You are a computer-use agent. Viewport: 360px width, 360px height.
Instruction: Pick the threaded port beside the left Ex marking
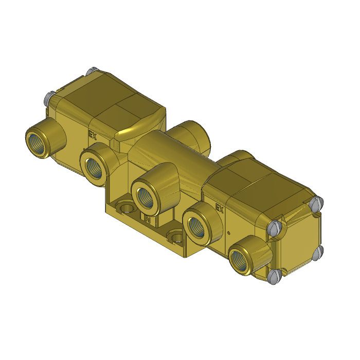tap(96, 166)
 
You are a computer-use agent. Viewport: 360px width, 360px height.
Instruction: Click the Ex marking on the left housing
tap(93, 136)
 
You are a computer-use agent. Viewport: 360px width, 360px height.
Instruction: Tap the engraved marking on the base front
tap(147, 220)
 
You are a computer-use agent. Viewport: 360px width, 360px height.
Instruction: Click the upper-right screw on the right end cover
tap(317, 202)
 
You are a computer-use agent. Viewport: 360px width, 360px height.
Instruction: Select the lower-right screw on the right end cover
tap(318, 251)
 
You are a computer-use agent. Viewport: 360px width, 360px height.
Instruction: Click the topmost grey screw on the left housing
tap(93, 70)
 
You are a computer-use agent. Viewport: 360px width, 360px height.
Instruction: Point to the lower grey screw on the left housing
tap(50, 95)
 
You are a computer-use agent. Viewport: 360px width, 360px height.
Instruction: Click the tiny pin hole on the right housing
tap(228, 232)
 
